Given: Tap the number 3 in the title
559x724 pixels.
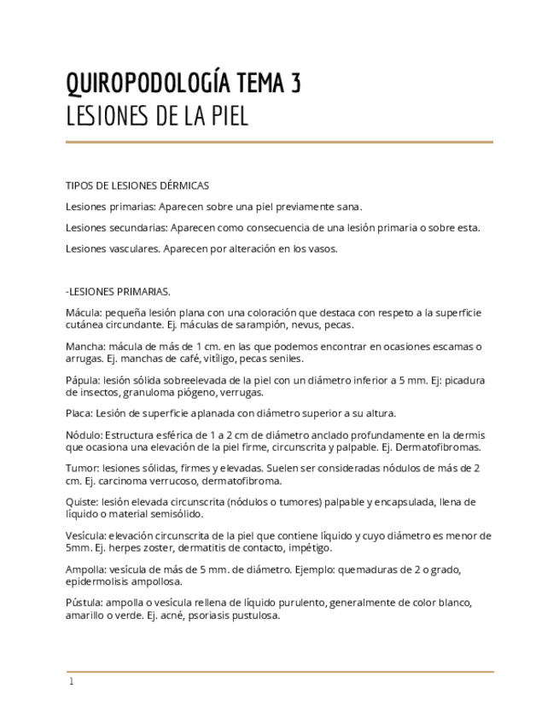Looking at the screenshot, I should (x=294, y=84).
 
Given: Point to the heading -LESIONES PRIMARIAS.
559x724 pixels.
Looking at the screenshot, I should (x=118, y=291).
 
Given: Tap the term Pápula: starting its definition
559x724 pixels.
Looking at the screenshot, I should (x=84, y=380).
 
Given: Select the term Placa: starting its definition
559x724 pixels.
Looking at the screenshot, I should (x=80, y=413).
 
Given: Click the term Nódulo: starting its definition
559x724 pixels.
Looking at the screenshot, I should (x=84, y=435).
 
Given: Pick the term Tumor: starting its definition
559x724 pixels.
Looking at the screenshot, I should (x=82, y=468).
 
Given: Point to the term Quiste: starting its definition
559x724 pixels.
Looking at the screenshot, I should (x=82, y=502).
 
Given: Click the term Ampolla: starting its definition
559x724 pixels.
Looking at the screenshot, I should (x=86, y=569).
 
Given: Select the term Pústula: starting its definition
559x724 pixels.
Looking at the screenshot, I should (x=84, y=603).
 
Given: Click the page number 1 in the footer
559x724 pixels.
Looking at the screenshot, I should (x=71, y=682).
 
